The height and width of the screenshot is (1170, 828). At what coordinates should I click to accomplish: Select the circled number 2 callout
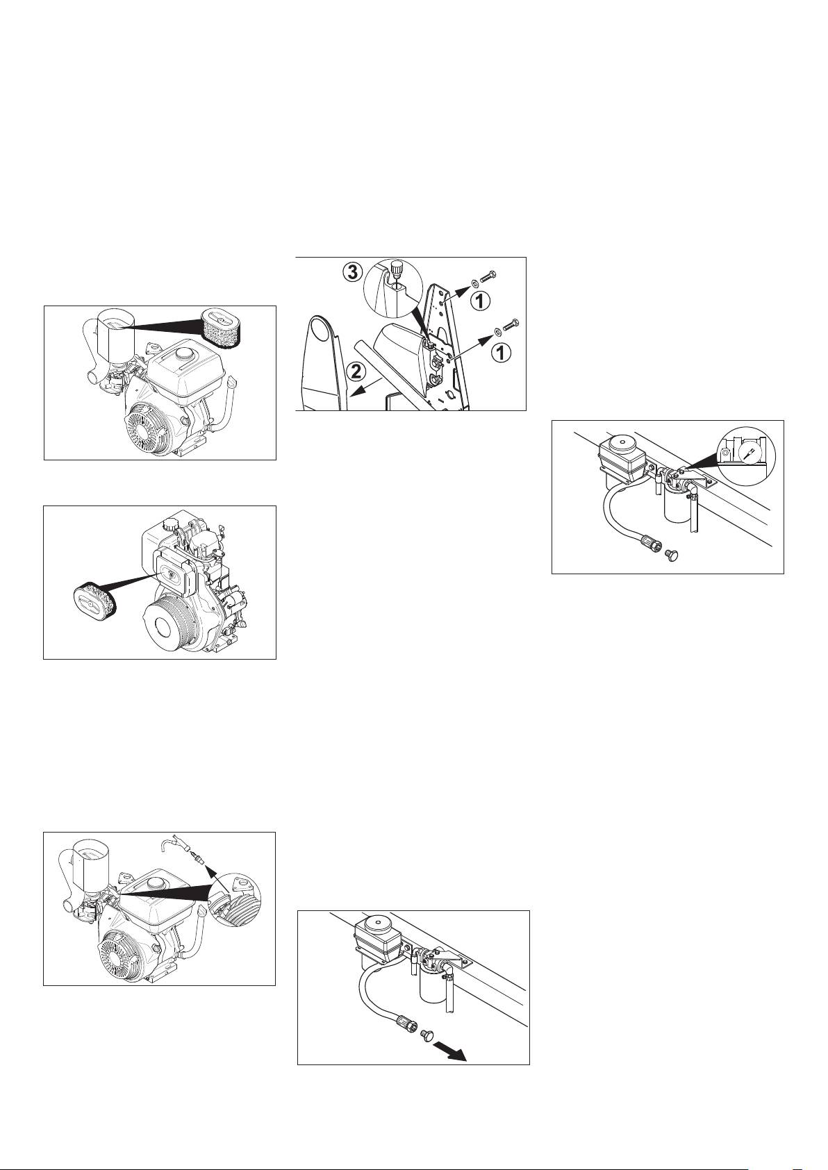pyautogui.click(x=356, y=372)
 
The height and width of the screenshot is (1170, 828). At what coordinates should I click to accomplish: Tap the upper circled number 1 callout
pyautogui.click(x=483, y=301)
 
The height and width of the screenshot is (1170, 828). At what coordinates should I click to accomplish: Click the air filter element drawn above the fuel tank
pyautogui.click(x=220, y=328)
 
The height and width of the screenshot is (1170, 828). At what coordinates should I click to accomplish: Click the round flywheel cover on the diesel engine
pyautogui.click(x=167, y=623)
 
